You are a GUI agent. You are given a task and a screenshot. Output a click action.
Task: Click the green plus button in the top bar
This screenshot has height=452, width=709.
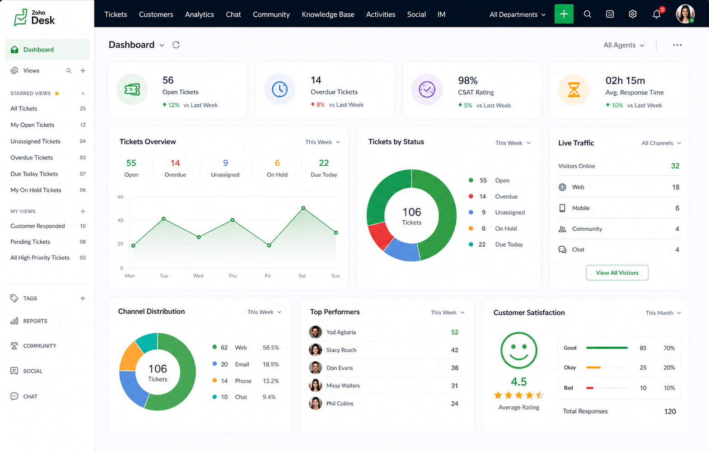pyautogui.click(x=564, y=14)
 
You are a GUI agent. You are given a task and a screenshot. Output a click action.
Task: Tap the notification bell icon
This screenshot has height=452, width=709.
pyautogui.click(x=657, y=14)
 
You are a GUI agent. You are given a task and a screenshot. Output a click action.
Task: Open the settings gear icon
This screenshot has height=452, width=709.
pyautogui.click(x=632, y=14)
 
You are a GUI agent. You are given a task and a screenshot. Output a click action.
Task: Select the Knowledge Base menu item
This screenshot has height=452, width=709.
pyautogui.click(x=328, y=14)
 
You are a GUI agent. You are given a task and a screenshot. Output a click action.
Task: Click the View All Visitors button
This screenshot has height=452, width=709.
pyautogui.click(x=617, y=273)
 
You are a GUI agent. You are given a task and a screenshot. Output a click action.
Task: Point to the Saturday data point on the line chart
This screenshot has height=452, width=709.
pyautogui.click(x=303, y=208)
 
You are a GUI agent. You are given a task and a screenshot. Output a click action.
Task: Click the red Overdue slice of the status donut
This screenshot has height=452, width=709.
pyautogui.click(x=380, y=236)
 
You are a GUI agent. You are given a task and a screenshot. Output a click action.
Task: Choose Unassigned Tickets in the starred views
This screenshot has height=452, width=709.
pyautogui.click(x=35, y=141)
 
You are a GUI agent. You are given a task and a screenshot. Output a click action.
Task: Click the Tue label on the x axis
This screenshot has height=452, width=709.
pyautogui.click(x=163, y=276)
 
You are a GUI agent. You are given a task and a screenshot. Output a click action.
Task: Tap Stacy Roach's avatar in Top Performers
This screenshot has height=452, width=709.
pyautogui.click(x=315, y=350)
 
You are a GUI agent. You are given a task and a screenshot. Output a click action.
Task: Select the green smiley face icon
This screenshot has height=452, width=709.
pyautogui.click(x=519, y=350)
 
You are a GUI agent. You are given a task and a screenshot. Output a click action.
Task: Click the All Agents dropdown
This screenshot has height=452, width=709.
pyautogui.click(x=624, y=45)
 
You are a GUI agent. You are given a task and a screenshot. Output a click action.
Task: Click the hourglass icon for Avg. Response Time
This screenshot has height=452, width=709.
pyautogui.click(x=574, y=89)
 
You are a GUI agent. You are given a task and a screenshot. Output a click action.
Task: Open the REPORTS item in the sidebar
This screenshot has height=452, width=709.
pyautogui.click(x=35, y=321)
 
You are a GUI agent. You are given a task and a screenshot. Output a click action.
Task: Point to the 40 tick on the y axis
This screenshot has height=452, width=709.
pyautogui.click(x=120, y=220)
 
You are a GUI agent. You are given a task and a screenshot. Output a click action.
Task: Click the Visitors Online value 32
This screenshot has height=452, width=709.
pyautogui.click(x=675, y=166)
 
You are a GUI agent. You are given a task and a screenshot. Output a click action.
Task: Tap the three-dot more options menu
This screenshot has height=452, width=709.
pyautogui.click(x=677, y=45)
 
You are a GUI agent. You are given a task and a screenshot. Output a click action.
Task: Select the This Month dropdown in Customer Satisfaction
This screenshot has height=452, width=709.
pyautogui.click(x=663, y=313)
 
